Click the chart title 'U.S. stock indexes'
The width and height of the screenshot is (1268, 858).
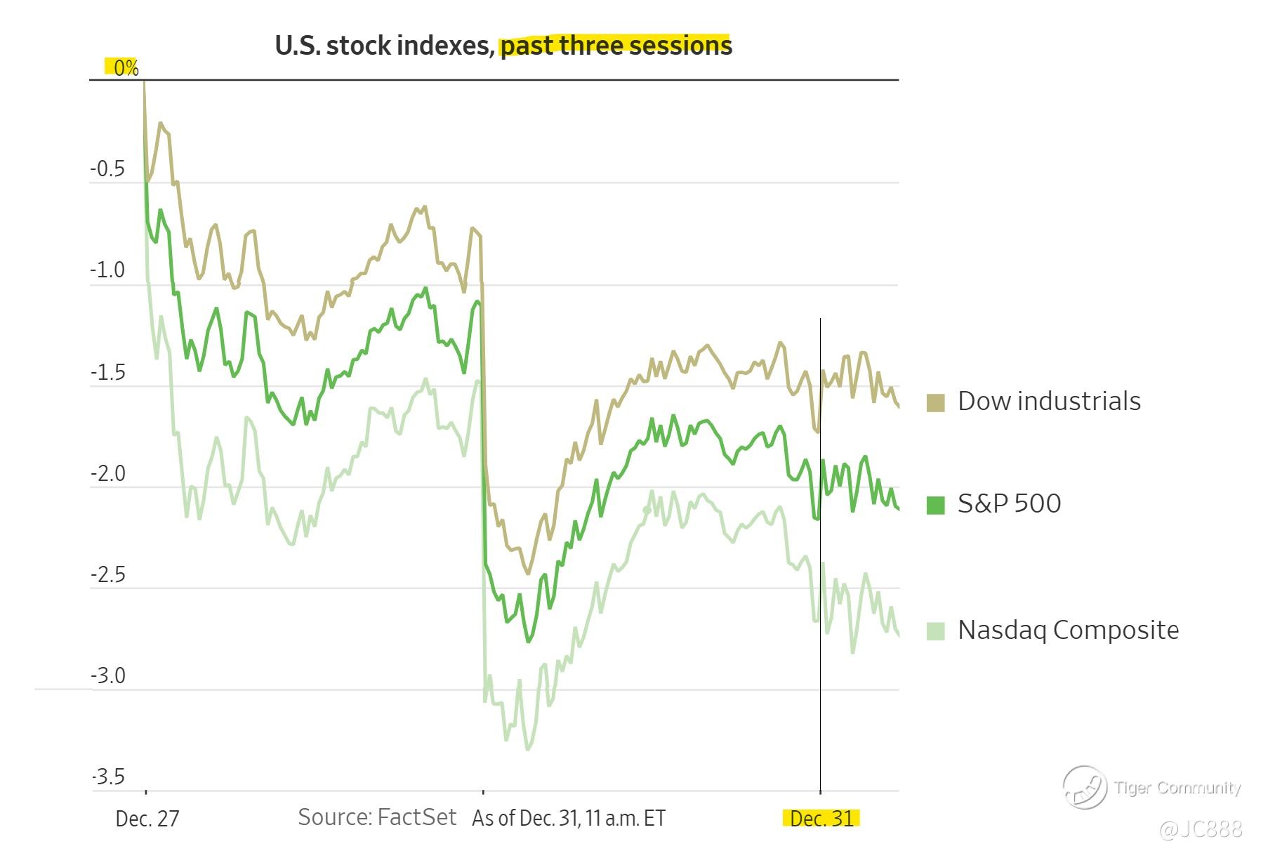click(383, 46)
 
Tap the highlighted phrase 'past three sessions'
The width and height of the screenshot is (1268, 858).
click(615, 46)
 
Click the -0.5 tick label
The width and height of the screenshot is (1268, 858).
click(107, 169)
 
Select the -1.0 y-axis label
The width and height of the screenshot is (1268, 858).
click(107, 270)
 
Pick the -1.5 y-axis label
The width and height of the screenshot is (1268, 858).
click(107, 372)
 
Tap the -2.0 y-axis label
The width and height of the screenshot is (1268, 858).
click(107, 474)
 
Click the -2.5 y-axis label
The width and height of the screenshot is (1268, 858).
click(107, 575)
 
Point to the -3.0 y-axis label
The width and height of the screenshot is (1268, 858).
click(107, 676)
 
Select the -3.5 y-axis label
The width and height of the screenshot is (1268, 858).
click(107, 777)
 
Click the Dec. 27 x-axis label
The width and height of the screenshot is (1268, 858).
click(147, 819)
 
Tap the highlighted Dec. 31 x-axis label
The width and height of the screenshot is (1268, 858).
click(821, 819)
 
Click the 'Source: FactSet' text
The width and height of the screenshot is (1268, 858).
click(377, 817)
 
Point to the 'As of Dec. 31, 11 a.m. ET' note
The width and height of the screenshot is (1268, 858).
click(569, 819)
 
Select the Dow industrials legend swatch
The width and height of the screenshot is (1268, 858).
click(935, 403)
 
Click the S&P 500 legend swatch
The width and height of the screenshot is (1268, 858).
click(935, 505)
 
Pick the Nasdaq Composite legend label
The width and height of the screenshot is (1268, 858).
click(1068, 630)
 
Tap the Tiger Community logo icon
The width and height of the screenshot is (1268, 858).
click(1085, 786)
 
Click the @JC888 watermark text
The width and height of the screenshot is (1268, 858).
click(1201, 830)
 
